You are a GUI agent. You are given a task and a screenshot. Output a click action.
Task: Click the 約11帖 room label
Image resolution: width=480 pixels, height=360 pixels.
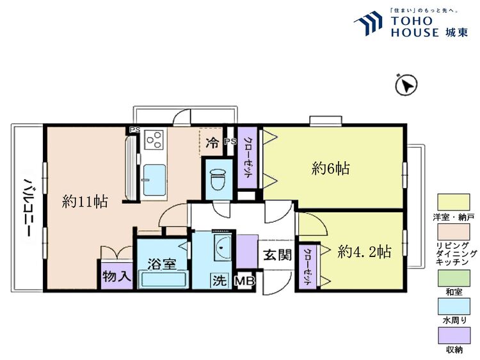84,202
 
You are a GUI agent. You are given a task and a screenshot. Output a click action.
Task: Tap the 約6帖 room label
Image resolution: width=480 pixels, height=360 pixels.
331,169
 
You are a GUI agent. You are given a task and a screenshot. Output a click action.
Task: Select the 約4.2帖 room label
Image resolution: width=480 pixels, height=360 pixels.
364,252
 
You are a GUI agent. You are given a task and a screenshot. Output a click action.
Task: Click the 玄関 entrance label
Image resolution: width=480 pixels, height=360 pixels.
278,254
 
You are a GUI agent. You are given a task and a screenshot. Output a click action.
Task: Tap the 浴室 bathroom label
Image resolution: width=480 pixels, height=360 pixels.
162,264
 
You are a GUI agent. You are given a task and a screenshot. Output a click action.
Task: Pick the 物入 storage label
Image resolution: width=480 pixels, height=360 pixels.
117,276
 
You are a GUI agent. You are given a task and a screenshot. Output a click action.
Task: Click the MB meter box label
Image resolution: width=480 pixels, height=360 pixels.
244,281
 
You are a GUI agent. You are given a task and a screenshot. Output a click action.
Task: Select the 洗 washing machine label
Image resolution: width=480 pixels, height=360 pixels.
220,281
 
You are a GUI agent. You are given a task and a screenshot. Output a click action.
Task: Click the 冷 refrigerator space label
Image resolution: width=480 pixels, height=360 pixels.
212,142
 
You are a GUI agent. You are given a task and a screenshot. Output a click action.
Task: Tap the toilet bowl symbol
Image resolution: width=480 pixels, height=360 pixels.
218,178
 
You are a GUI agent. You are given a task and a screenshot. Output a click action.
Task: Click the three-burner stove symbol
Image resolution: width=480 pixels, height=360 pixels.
154,139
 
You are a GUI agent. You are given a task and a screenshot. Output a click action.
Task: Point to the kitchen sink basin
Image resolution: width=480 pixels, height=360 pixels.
155,180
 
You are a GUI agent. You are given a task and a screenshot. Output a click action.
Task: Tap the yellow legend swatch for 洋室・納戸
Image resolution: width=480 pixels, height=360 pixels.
454,203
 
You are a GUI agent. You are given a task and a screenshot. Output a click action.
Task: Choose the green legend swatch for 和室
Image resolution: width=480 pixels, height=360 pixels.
454,278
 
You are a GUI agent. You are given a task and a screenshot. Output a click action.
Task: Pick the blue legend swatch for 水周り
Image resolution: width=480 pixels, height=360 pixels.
454,307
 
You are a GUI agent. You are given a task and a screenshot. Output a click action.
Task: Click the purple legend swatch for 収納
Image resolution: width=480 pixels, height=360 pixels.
454,336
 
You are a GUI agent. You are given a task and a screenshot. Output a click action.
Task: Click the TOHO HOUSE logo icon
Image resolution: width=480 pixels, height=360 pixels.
369,23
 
